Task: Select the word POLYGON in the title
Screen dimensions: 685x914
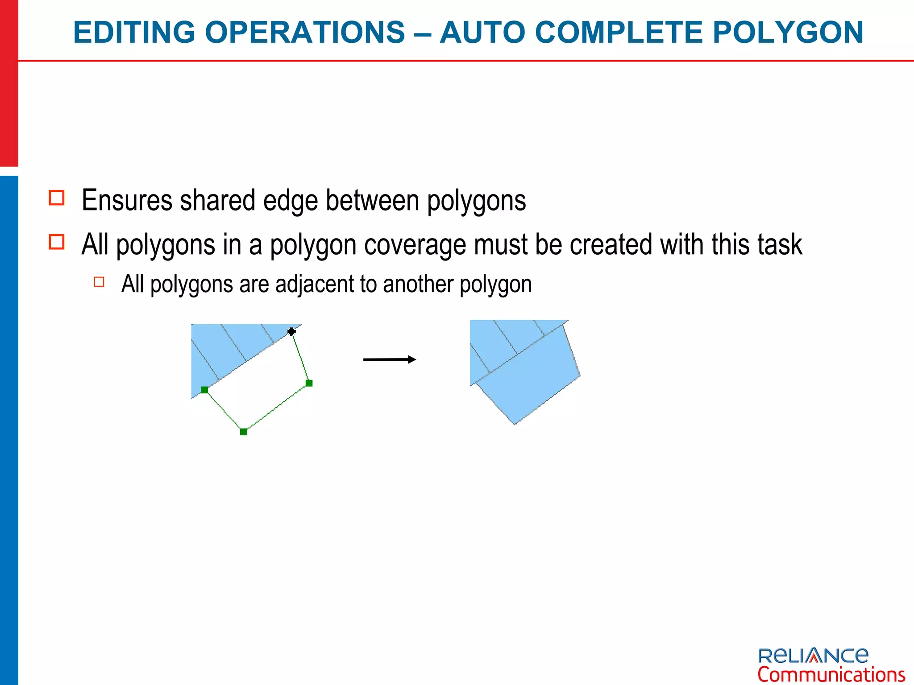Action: click(788, 33)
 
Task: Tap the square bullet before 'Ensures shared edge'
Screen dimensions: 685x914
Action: click(57, 198)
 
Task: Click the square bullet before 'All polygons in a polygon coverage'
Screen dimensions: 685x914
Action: click(57, 242)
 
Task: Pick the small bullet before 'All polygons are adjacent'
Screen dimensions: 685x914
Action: click(99, 282)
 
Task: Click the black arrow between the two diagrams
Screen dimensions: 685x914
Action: click(389, 359)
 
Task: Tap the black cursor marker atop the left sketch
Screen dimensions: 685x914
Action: click(291, 331)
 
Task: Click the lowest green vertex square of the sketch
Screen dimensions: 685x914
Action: click(244, 432)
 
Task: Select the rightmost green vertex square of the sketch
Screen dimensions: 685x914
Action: click(309, 383)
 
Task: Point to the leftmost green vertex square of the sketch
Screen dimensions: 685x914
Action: click(204, 390)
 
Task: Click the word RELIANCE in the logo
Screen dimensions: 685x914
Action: click(813, 656)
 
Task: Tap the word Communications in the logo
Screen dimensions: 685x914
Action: click(831, 674)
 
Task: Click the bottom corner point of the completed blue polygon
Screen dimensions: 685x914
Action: click(515, 424)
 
